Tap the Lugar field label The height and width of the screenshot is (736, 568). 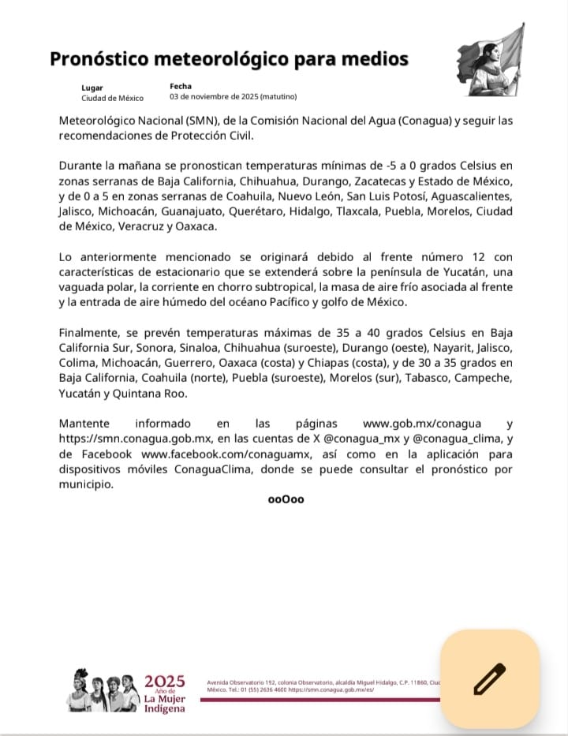click(x=92, y=87)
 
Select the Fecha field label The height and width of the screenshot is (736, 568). click(x=180, y=85)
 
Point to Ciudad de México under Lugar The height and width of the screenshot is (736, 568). click(x=112, y=98)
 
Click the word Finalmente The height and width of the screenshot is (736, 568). click(x=89, y=332)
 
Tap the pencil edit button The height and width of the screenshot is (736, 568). click(x=489, y=678)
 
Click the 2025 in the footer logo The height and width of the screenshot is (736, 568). click(x=164, y=682)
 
